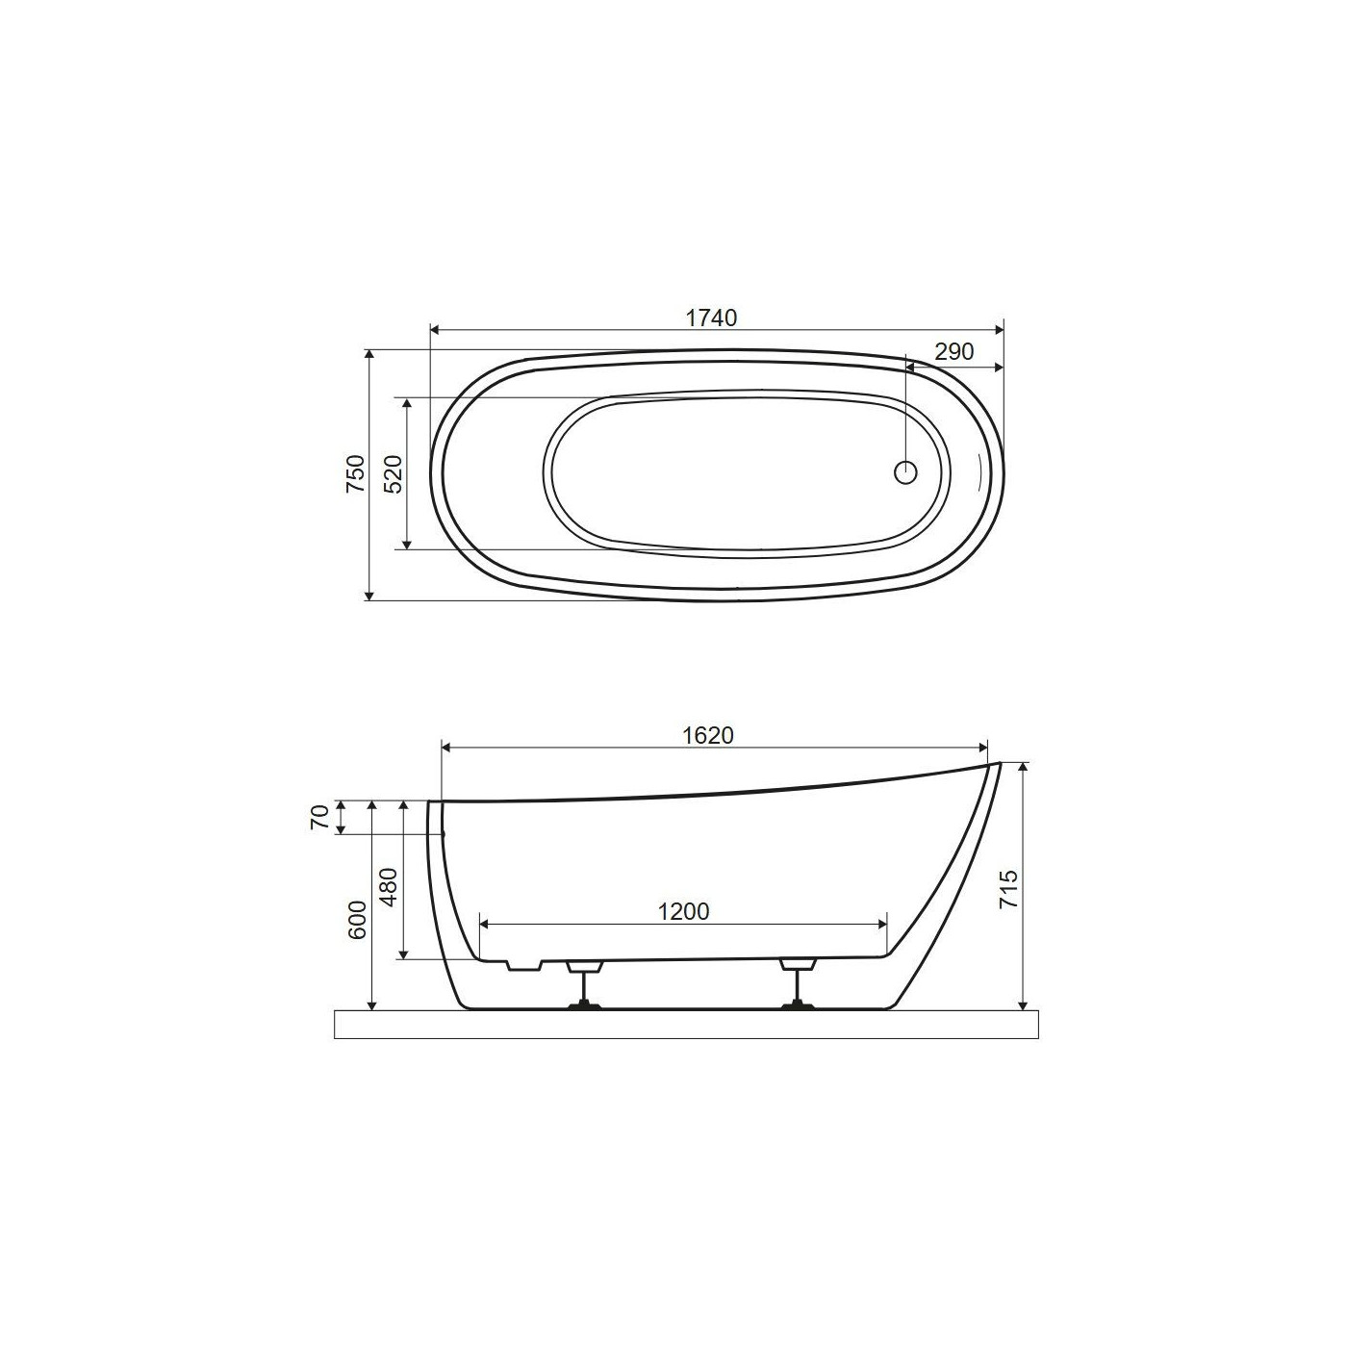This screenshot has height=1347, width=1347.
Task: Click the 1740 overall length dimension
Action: click(711, 318)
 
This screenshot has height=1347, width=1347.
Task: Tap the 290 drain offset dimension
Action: click(954, 351)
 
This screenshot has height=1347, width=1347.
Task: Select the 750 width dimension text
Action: click(356, 473)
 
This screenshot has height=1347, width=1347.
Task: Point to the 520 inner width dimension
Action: click(394, 474)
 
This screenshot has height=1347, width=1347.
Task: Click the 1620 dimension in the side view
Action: click(707, 735)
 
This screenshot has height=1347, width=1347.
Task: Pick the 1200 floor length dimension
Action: click(684, 911)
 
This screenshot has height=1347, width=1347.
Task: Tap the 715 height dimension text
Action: click(1008, 889)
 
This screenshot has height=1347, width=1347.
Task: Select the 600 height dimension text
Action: click(357, 920)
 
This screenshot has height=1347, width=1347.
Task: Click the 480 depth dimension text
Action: click(389, 887)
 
